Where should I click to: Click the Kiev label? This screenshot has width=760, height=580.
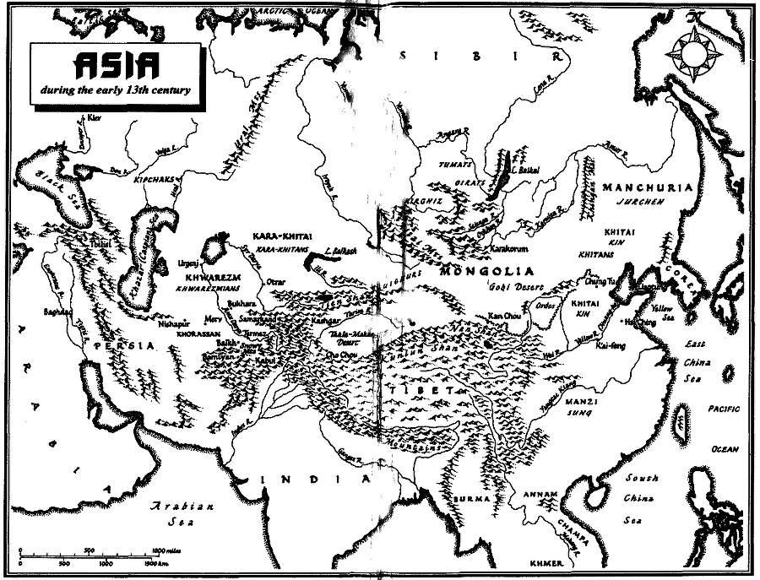tap(94, 119)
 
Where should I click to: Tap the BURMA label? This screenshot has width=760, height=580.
tap(466, 499)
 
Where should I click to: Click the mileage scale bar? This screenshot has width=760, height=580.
tap(89, 556)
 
